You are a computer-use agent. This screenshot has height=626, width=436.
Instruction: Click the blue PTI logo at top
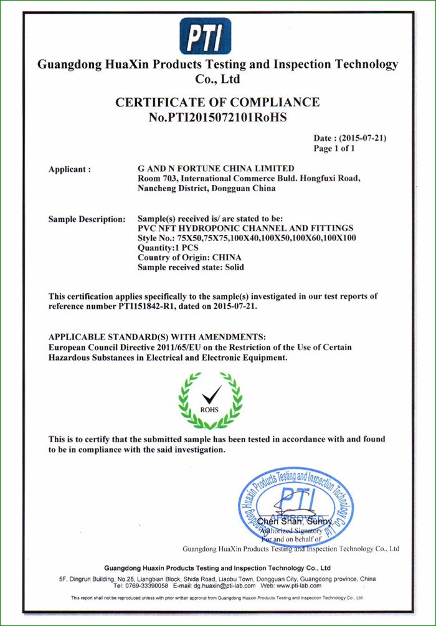point(206,36)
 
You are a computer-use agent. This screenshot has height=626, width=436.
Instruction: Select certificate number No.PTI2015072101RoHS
point(218,116)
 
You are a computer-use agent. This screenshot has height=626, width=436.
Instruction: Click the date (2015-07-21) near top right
point(354,138)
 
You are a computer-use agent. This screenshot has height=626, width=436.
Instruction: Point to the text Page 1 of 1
point(334,149)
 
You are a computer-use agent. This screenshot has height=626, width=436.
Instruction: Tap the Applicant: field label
point(70,169)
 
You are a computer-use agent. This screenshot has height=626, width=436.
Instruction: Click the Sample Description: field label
point(87,220)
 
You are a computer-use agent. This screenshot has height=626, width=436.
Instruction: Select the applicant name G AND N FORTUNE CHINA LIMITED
point(216,169)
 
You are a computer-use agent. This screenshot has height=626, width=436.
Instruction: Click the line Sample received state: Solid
point(191,268)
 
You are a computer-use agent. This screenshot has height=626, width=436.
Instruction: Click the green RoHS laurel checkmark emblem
point(210,398)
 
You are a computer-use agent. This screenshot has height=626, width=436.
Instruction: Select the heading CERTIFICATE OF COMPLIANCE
point(218,102)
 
